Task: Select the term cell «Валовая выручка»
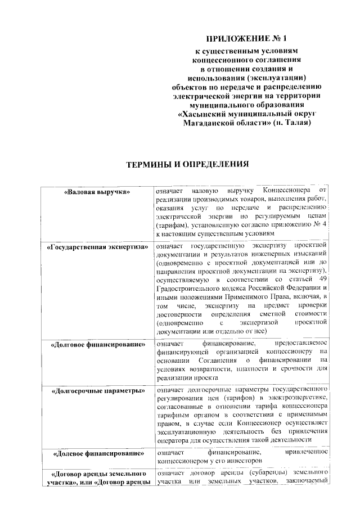pyautogui.click(x=98, y=191)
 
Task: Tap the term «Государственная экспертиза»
pyautogui.click(x=98, y=246)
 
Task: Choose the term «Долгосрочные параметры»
pyautogui.click(x=98, y=390)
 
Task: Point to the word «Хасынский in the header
pyautogui.click(x=201, y=114)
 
